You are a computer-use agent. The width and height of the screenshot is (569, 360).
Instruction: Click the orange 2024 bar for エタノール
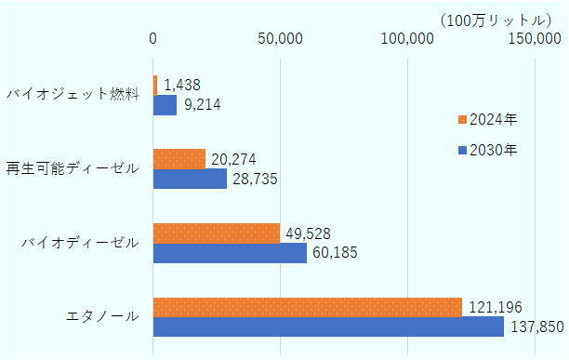[x=307, y=307]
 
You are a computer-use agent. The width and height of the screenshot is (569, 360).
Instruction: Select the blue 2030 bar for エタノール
[x=327, y=327]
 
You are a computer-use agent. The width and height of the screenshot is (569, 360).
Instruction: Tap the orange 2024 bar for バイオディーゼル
[x=216, y=233]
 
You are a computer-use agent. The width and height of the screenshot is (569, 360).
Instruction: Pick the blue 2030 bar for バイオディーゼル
[x=230, y=253]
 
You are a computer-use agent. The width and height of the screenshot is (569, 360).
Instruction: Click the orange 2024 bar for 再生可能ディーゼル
[x=179, y=159]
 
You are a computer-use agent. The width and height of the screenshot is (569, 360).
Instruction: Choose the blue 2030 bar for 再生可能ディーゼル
[x=190, y=179]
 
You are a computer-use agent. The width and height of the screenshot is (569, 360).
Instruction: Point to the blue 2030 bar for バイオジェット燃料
[x=165, y=105]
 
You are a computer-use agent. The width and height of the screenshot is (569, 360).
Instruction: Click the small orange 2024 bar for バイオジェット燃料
[x=155, y=85]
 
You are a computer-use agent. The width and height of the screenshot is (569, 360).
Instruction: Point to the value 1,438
[x=182, y=85]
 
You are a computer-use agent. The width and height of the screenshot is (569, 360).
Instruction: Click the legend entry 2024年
[x=493, y=119]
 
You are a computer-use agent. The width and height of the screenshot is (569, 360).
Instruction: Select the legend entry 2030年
[x=493, y=148]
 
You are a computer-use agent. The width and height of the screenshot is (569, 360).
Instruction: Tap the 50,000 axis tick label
[x=280, y=38]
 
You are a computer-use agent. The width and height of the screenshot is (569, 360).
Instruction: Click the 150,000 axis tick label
[x=535, y=38]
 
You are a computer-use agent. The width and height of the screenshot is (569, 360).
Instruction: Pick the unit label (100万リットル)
[x=494, y=19]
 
